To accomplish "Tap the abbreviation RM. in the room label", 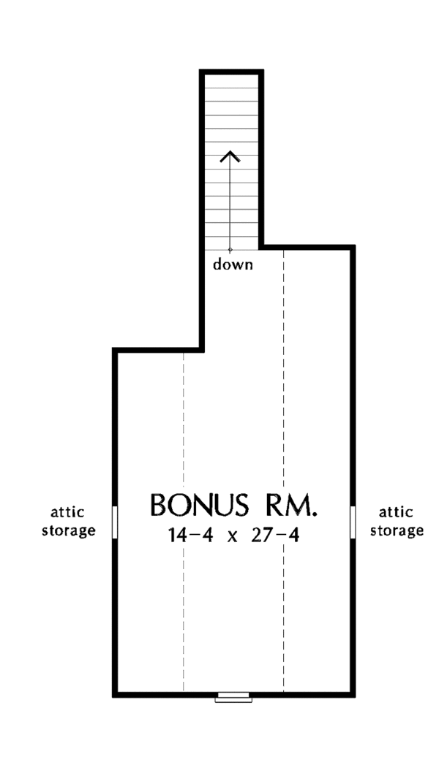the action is [290, 506].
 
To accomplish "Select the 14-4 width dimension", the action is [190, 535].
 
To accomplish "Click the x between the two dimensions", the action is [232, 537].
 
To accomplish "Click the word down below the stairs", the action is [233, 264].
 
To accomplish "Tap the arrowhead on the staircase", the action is [230, 157].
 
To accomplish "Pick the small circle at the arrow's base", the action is [230, 250].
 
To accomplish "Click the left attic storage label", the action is [68, 522].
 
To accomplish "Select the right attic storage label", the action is [397, 522].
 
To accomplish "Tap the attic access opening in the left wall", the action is [115, 522].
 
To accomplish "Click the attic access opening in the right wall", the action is [353, 522].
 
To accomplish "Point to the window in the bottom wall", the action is [233, 696].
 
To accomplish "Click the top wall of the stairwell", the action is [232, 72].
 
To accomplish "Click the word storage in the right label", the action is [397, 531].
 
